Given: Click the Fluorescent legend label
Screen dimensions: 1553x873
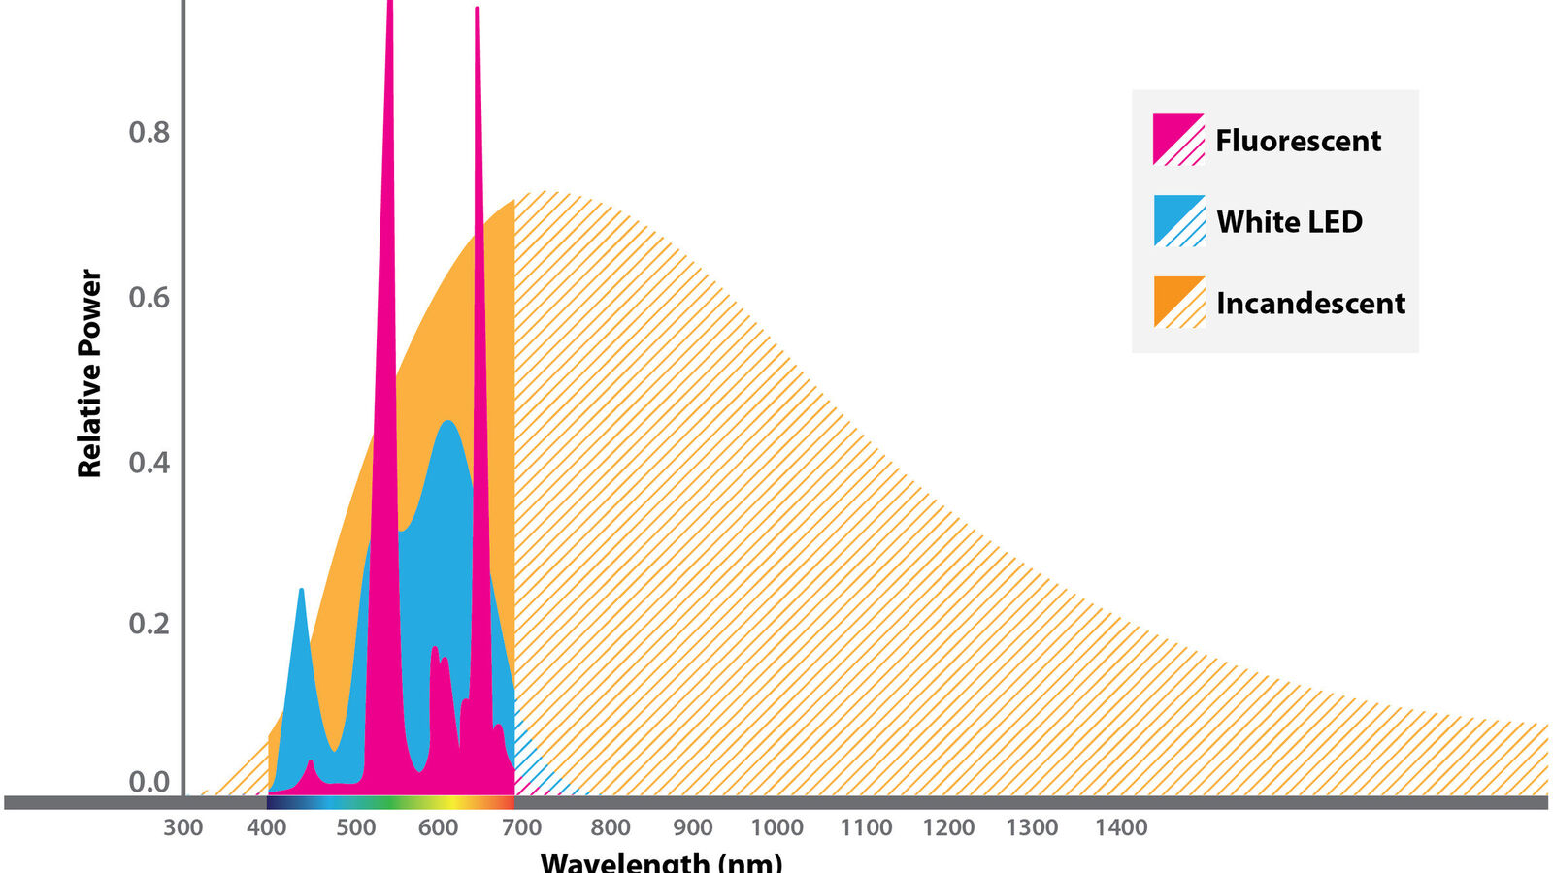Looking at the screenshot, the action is click(x=1298, y=141).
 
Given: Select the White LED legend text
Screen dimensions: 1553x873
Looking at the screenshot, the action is click(x=1290, y=222).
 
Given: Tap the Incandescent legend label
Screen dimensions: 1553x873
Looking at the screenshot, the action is click(x=1310, y=304).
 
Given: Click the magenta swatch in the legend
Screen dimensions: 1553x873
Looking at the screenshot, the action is click(x=1178, y=140).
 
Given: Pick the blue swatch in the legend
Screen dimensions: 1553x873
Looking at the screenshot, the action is click(x=1178, y=221).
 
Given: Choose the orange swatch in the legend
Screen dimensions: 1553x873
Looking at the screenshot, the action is click(x=1178, y=302).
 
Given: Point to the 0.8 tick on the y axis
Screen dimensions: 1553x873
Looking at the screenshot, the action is click(x=149, y=132).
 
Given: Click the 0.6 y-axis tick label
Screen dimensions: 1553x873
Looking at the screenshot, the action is click(x=149, y=297).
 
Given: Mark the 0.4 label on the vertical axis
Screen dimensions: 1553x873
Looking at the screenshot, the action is click(x=149, y=462).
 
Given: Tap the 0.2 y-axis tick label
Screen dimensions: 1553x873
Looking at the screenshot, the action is click(x=149, y=624).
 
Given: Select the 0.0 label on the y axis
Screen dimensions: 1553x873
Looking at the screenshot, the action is click(x=149, y=782).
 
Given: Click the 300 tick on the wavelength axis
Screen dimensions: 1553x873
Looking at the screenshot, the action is click(x=183, y=827).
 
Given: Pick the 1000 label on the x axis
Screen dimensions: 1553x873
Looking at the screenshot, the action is click(x=776, y=827).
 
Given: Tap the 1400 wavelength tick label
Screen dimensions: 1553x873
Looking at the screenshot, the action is click(x=1120, y=827).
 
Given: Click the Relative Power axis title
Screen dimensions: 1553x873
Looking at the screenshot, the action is click(x=89, y=373).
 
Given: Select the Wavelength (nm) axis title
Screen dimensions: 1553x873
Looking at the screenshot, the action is click(x=661, y=862).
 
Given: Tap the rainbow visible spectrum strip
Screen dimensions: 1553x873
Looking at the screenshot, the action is click(x=390, y=802).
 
